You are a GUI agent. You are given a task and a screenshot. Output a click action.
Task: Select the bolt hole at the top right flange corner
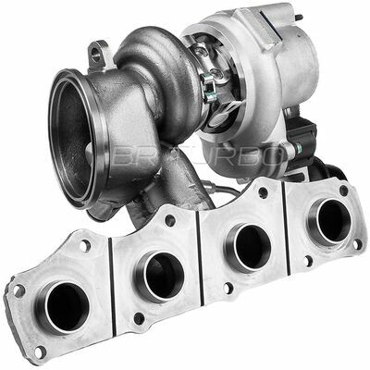coord(343,191)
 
